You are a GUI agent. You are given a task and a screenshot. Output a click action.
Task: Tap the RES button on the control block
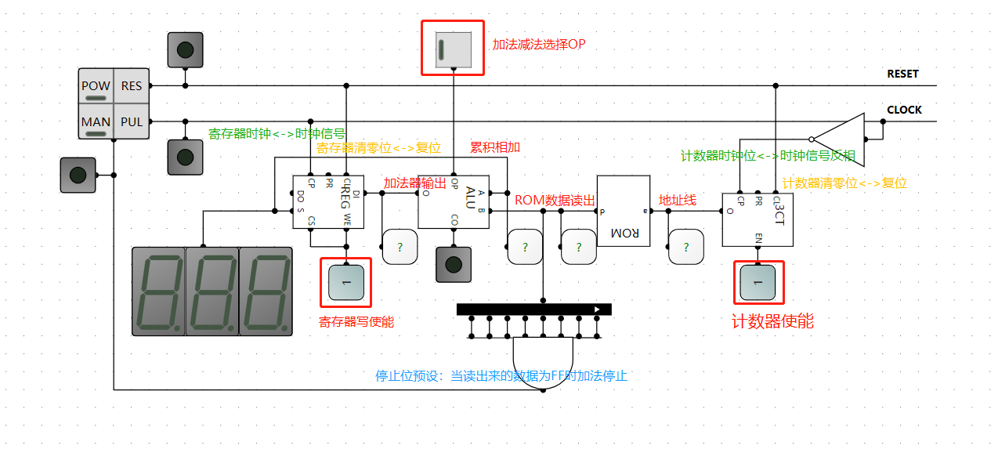[132, 86]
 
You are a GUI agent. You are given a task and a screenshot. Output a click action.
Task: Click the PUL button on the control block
[132, 122]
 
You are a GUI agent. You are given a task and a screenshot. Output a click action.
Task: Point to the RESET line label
[902, 74]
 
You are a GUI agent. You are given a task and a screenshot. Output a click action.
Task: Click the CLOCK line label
[904, 110]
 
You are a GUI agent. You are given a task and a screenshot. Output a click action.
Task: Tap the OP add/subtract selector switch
[453, 49]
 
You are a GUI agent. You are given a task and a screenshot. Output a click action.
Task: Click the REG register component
[328, 201]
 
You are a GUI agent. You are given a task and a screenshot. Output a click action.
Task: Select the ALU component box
[454, 201]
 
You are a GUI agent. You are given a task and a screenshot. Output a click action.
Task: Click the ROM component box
[624, 211]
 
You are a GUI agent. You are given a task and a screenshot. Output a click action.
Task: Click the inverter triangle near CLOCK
[842, 139]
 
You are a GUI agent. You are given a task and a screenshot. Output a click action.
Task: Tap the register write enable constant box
[345, 282]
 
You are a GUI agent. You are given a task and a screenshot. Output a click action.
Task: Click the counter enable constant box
[758, 282]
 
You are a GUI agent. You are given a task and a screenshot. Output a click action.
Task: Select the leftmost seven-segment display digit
[158, 291]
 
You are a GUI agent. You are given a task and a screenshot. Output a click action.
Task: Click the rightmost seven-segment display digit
[266, 291]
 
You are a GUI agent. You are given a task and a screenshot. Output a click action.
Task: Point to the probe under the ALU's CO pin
[454, 265]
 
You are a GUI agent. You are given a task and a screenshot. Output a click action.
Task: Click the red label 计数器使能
[772, 321]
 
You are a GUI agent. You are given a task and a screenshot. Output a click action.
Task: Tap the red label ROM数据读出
[555, 200]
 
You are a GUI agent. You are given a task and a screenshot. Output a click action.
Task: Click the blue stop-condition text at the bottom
[501, 375]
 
